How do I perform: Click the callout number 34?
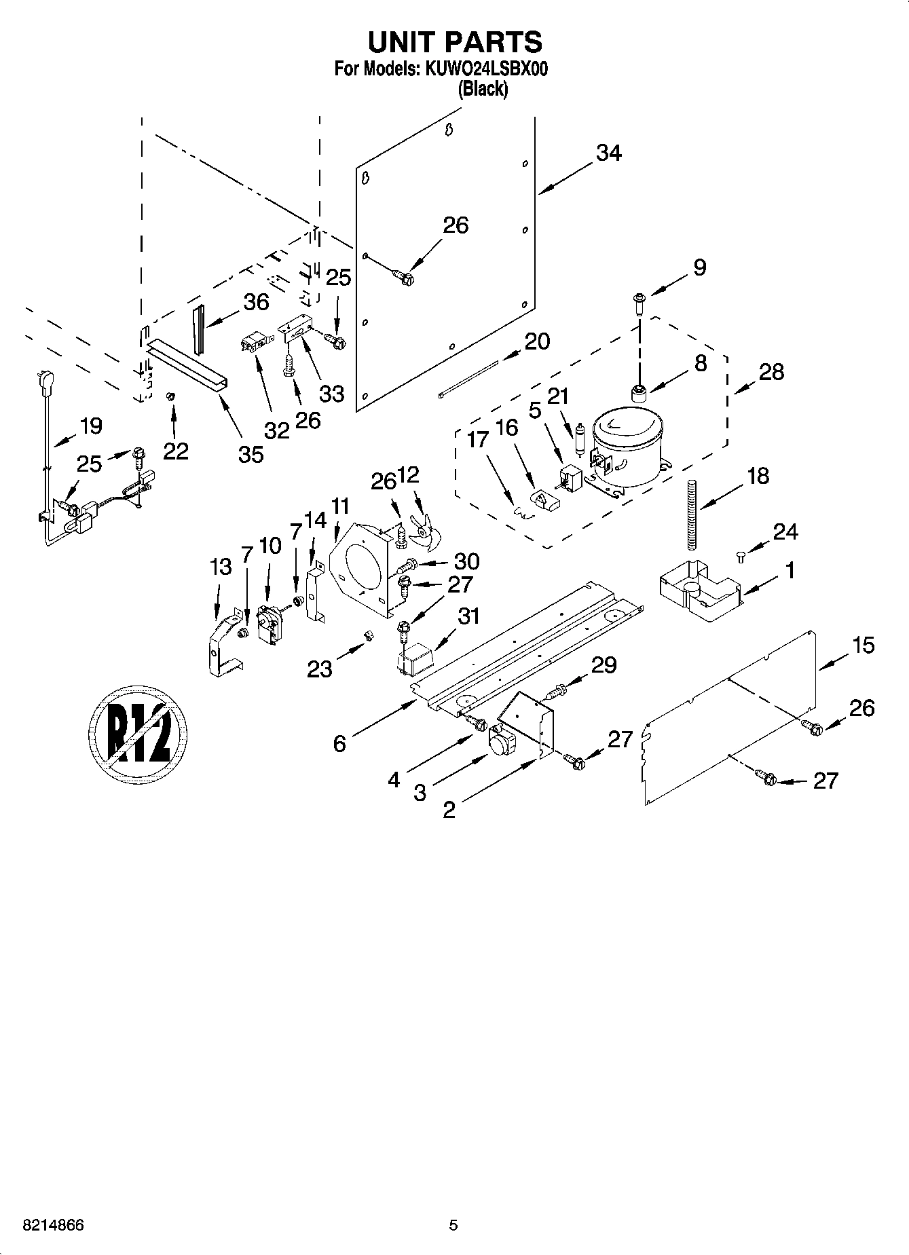click(608, 154)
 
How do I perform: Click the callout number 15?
click(863, 645)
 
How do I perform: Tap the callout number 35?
click(251, 454)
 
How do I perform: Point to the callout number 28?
click(772, 372)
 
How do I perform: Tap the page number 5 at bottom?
click(453, 1226)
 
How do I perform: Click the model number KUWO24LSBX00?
click(486, 69)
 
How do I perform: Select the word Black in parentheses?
click(483, 89)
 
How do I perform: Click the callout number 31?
click(468, 616)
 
